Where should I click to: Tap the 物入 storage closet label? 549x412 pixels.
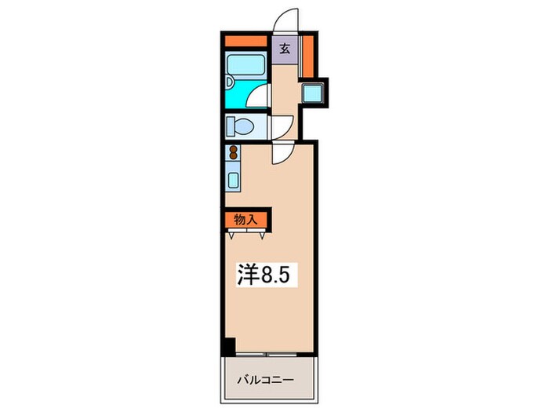coord(245,220)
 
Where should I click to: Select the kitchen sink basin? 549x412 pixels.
coord(234,180)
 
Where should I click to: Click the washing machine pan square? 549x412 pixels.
coord(314,94)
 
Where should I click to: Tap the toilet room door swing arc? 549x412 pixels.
coord(282,126)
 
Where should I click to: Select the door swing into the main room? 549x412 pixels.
coord(282,154)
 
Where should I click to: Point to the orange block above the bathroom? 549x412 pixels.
coord(243,42)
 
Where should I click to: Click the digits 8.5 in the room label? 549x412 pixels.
coord(280,275)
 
